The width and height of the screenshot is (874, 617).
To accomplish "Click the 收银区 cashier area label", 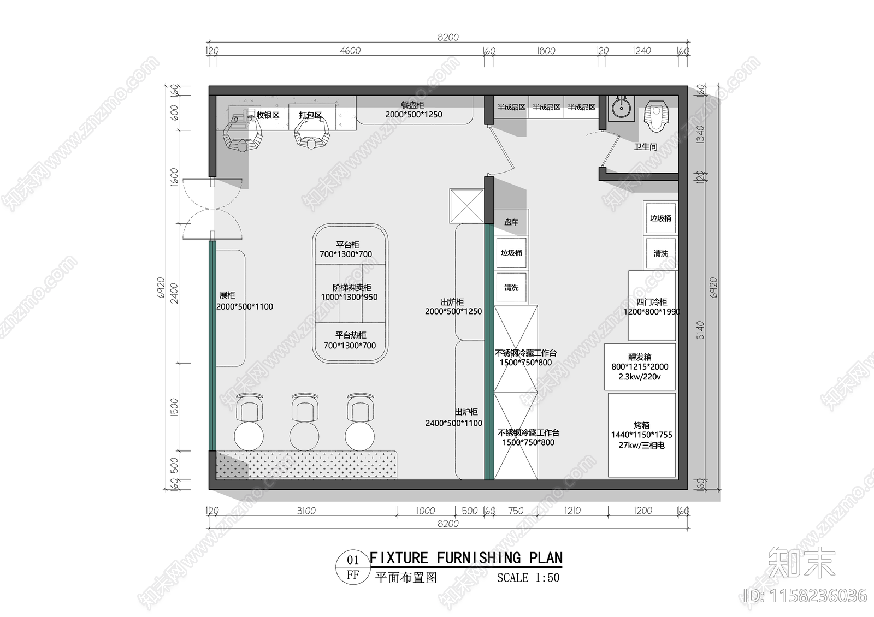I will (268, 115).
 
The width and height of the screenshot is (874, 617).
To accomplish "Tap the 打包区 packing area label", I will (310, 115).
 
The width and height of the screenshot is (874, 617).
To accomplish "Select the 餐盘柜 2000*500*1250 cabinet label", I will (414, 110).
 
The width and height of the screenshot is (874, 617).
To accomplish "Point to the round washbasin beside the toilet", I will (621, 108).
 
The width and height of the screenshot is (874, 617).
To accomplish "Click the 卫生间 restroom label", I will (645, 146).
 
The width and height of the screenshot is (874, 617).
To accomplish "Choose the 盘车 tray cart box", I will (511, 222).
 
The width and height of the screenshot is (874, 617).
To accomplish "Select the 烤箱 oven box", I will (642, 435).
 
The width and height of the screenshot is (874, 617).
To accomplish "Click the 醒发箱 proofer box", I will (640, 366).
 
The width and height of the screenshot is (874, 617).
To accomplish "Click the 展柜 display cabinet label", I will (227, 295).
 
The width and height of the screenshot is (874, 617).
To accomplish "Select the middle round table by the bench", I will (304, 436).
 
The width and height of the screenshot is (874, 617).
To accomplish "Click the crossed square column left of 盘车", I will (466, 206).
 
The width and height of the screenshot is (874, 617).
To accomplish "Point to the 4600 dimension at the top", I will (350, 50).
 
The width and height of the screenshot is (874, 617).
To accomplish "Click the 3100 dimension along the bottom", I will (306, 511).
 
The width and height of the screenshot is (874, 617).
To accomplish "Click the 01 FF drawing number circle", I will (353, 567).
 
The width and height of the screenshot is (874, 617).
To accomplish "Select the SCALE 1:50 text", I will (528, 578).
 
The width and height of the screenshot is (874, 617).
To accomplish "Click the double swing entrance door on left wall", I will (212, 209).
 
